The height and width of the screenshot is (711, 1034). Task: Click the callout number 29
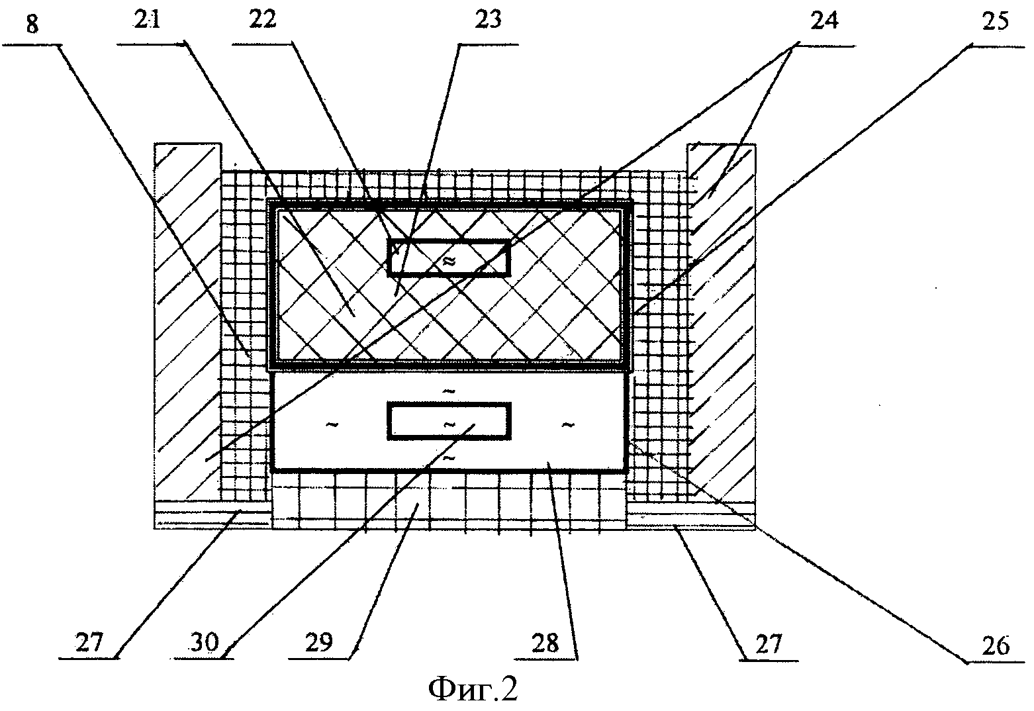coord(322,643)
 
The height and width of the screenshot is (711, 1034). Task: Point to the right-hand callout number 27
coord(768,643)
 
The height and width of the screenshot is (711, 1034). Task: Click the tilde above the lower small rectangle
coord(449,391)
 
